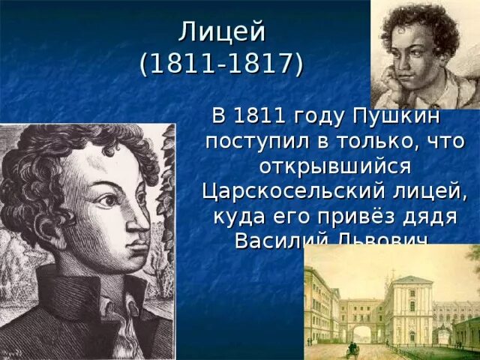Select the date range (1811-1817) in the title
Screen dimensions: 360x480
222,64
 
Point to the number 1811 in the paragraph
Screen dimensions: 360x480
259,118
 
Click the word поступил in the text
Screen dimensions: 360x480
250,142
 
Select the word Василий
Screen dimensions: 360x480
277,239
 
